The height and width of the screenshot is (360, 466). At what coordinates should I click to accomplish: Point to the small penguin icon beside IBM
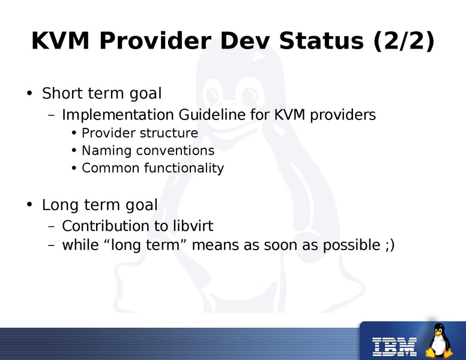[x=440, y=341]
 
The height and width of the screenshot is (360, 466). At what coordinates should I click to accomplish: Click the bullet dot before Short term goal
[x=29, y=94]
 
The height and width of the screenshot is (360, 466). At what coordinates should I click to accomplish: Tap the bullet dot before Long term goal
[x=29, y=205]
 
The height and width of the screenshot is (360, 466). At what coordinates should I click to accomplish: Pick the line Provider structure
[x=139, y=133]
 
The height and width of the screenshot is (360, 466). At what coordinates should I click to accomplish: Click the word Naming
[x=104, y=151]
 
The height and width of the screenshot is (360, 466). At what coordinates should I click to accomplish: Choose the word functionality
[x=184, y=168]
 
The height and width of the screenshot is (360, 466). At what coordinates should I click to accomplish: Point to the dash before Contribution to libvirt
[x=52, y=227]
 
